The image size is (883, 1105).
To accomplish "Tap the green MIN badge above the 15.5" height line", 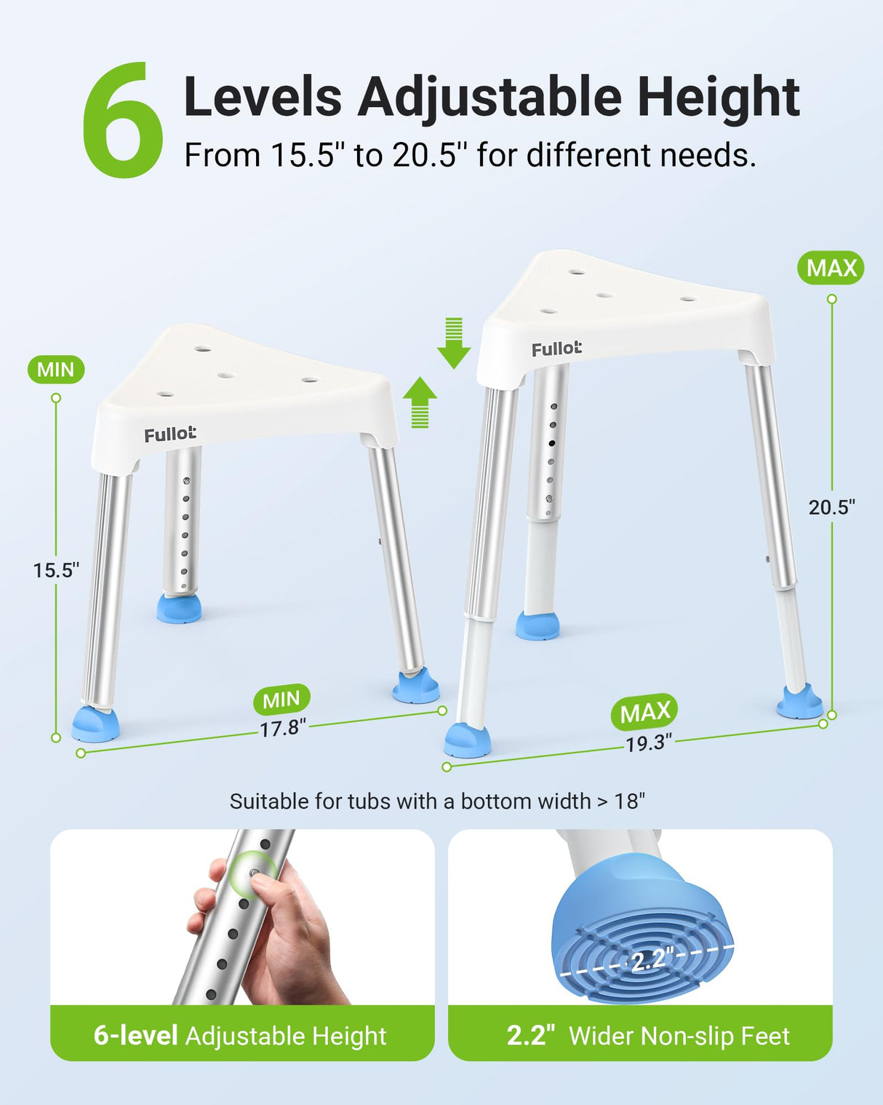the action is pos(56,369).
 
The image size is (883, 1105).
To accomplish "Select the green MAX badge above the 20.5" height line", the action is pos(831,268).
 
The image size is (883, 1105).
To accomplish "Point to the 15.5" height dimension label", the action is pos(57,570).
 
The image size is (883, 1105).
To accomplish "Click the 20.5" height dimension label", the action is pos(831,507).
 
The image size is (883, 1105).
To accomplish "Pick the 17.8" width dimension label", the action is pos(283,728).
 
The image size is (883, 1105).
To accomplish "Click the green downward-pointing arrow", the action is pos(454,343).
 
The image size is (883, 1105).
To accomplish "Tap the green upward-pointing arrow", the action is pos(420,403).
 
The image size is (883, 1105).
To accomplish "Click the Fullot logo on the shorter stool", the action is pos(170,435).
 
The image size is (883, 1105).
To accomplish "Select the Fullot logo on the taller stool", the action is pos(556,349).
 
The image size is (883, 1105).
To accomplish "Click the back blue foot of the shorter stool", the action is pos(178,609).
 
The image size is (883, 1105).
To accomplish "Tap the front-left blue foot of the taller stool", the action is pos(467,740).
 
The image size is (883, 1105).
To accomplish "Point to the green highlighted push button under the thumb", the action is pos(252,872).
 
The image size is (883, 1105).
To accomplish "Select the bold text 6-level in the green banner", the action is pos(136,1035).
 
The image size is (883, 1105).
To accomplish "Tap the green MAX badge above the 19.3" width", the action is pos(644,712).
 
